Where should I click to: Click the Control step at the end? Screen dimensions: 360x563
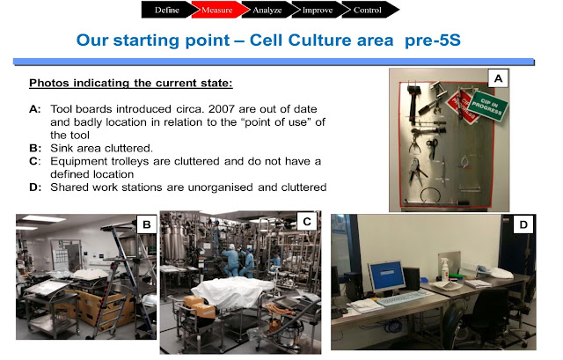[367, 11]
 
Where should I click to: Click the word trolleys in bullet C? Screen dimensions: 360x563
[140, 161]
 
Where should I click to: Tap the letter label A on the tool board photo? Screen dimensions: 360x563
[497, 78]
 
